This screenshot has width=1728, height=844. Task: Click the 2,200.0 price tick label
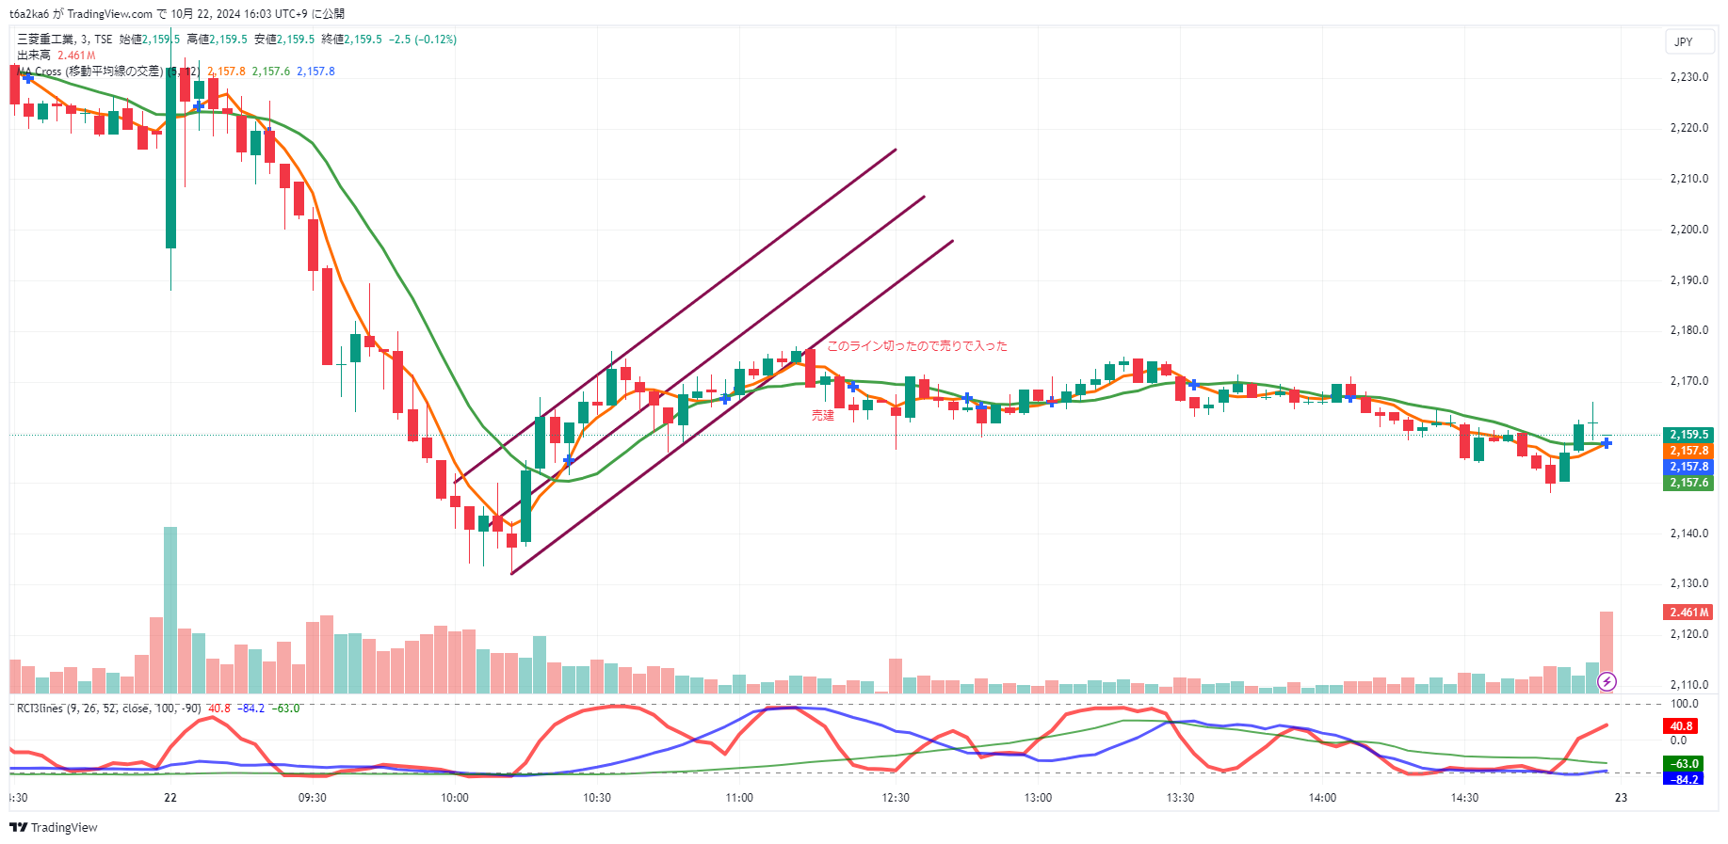[x=1688, y=230]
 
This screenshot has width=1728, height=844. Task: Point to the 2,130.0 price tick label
[x=1688, y=583]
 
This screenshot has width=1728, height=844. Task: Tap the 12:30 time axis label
[x=896, y=798]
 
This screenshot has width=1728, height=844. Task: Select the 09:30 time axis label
[x=312, y=798]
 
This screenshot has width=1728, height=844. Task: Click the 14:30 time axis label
[x=1464, y=798]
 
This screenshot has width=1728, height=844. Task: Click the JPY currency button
[x=1684, y=42]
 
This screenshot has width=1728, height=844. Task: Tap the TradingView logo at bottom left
[x=54, y=828]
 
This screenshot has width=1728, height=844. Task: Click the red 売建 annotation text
[x=823, y=415]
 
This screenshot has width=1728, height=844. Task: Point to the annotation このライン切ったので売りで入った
[x=916, y=346]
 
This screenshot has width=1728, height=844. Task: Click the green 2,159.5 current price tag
[x=1688, y=435]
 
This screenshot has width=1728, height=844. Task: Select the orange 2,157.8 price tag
[x=1688, y=451]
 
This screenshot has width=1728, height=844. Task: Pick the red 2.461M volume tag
[x=1688, y=613]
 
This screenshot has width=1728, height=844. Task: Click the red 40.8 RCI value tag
[x=1682, y=726]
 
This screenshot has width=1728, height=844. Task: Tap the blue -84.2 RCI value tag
[x=1684, y=779]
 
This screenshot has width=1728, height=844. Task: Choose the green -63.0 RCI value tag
[x=1684, y=764]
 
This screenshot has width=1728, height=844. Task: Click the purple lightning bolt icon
[x=1607, y=681]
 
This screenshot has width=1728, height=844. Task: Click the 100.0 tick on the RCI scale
[x=1684, y=704]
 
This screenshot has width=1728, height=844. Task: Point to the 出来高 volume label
[x=34, y=56]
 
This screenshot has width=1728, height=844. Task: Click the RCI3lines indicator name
[x=40, y=709]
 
